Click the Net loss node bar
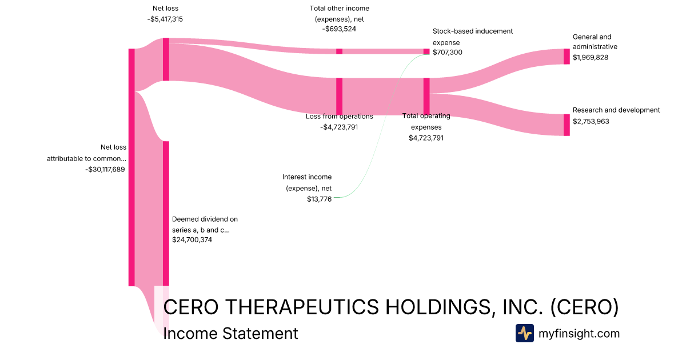(x=166, y=59)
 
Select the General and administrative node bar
(x=567, y=57)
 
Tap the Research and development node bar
(x=567, y=125)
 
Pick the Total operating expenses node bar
(x=426, y=96)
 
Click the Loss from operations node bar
(x=339, y=96)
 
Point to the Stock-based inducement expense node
(x=426, y=51)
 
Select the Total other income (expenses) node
(x=339, y=51)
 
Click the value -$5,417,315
(x=165, y=19)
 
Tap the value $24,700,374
(x=192, y=240)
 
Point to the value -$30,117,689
(x=105, y=169)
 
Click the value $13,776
(x=319, y=199)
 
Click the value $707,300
(x=448, y=53)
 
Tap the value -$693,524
(x=339, y=29)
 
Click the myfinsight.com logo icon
(x=524, y=333)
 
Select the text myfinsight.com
(x=579, y=334)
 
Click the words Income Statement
(x=230, y=334)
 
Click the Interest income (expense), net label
(x=307, y=182)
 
